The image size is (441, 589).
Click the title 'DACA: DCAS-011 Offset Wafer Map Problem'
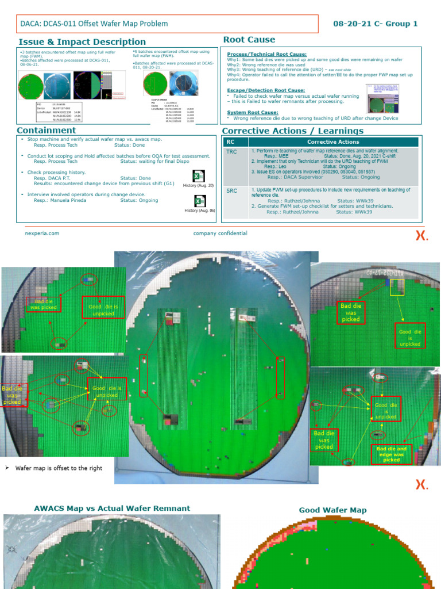coord(94,24)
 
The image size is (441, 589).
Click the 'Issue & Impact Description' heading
coord(82,41)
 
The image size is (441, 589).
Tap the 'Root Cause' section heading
coord(249,40)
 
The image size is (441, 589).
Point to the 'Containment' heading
coord(47,130)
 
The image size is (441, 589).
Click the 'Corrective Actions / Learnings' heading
coord(292,131)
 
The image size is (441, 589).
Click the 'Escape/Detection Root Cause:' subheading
coord(261,90)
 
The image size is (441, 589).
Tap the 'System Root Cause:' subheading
coord(253,112)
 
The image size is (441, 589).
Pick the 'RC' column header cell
coord(230,141)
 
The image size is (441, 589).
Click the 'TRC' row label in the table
coord(231,151)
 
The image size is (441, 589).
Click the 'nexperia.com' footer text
coord(42,234)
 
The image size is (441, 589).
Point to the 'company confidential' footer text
coord(220,234)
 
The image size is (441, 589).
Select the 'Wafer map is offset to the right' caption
coord(59,468)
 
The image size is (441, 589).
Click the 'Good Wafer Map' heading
coord(332,510)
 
